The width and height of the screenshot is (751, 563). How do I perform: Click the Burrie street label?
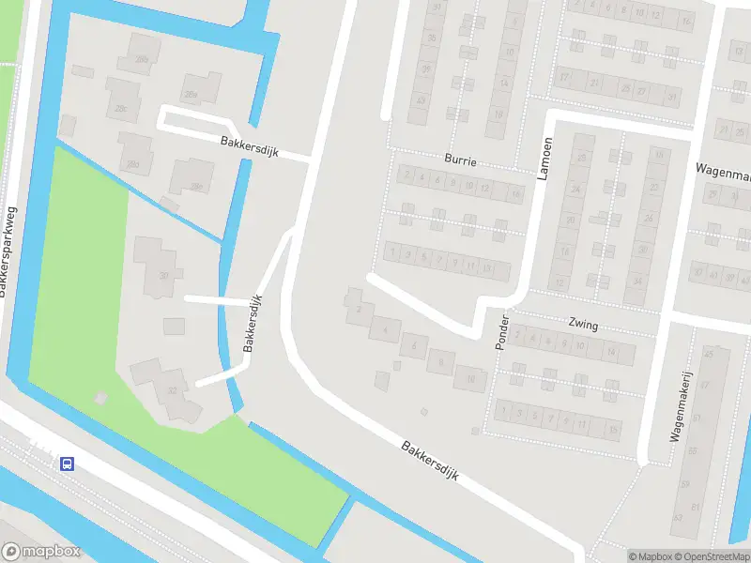462,161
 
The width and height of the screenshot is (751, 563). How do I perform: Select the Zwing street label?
583,325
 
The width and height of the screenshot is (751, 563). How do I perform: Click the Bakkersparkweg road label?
9,249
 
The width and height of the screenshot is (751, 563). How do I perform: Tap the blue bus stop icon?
67,463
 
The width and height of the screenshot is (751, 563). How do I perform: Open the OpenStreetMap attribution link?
713,556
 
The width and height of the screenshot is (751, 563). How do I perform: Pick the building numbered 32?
172,391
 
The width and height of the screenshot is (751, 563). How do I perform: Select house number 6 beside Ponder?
413,347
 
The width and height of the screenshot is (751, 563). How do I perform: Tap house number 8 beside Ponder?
440,360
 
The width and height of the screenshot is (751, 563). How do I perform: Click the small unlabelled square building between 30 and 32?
174,326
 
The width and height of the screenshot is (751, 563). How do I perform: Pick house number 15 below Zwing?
613,431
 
